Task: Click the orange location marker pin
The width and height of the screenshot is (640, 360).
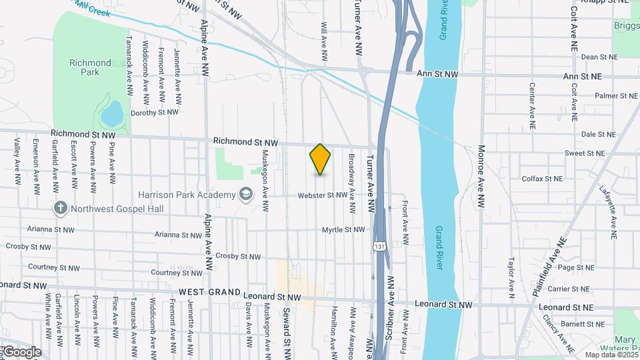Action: pos(320,159)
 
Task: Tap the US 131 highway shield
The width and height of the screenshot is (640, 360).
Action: pos(379,246)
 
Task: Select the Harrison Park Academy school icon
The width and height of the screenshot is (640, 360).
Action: pos(246,194)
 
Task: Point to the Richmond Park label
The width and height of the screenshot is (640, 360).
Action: pos(90,67)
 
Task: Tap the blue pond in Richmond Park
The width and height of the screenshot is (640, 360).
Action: pos(111,113)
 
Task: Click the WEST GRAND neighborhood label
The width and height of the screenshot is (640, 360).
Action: pos(209,292)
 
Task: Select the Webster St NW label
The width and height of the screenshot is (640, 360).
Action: pos(323,195)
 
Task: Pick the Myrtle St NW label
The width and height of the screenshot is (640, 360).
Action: pos(343,229)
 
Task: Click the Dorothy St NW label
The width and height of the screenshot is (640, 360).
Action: pos(154,112)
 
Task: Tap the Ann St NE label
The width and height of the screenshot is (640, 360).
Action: pos(582,77)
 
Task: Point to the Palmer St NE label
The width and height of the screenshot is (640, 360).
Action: pos(597,96)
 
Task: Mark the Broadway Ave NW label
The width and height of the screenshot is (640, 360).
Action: pos(351,175)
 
